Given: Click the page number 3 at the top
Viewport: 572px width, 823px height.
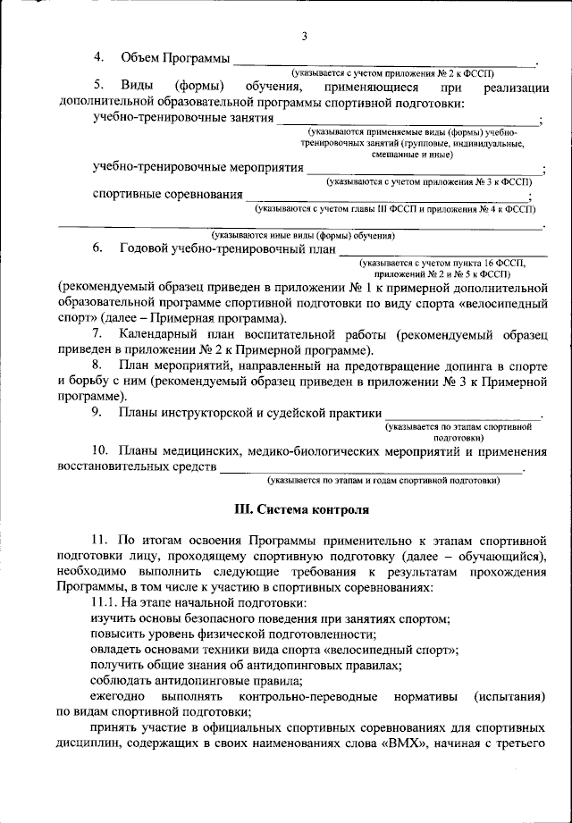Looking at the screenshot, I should tap(305, 36).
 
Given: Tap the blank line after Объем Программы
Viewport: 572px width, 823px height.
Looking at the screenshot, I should tap(384, 63).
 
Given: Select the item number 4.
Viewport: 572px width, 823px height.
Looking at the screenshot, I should tap(100, 57).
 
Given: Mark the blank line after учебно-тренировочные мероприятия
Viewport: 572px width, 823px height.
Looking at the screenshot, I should tap(425, 170).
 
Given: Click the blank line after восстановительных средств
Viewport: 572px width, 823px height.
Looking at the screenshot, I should tap(371, 468).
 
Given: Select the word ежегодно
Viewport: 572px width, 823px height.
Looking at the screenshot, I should tap(120, 694).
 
